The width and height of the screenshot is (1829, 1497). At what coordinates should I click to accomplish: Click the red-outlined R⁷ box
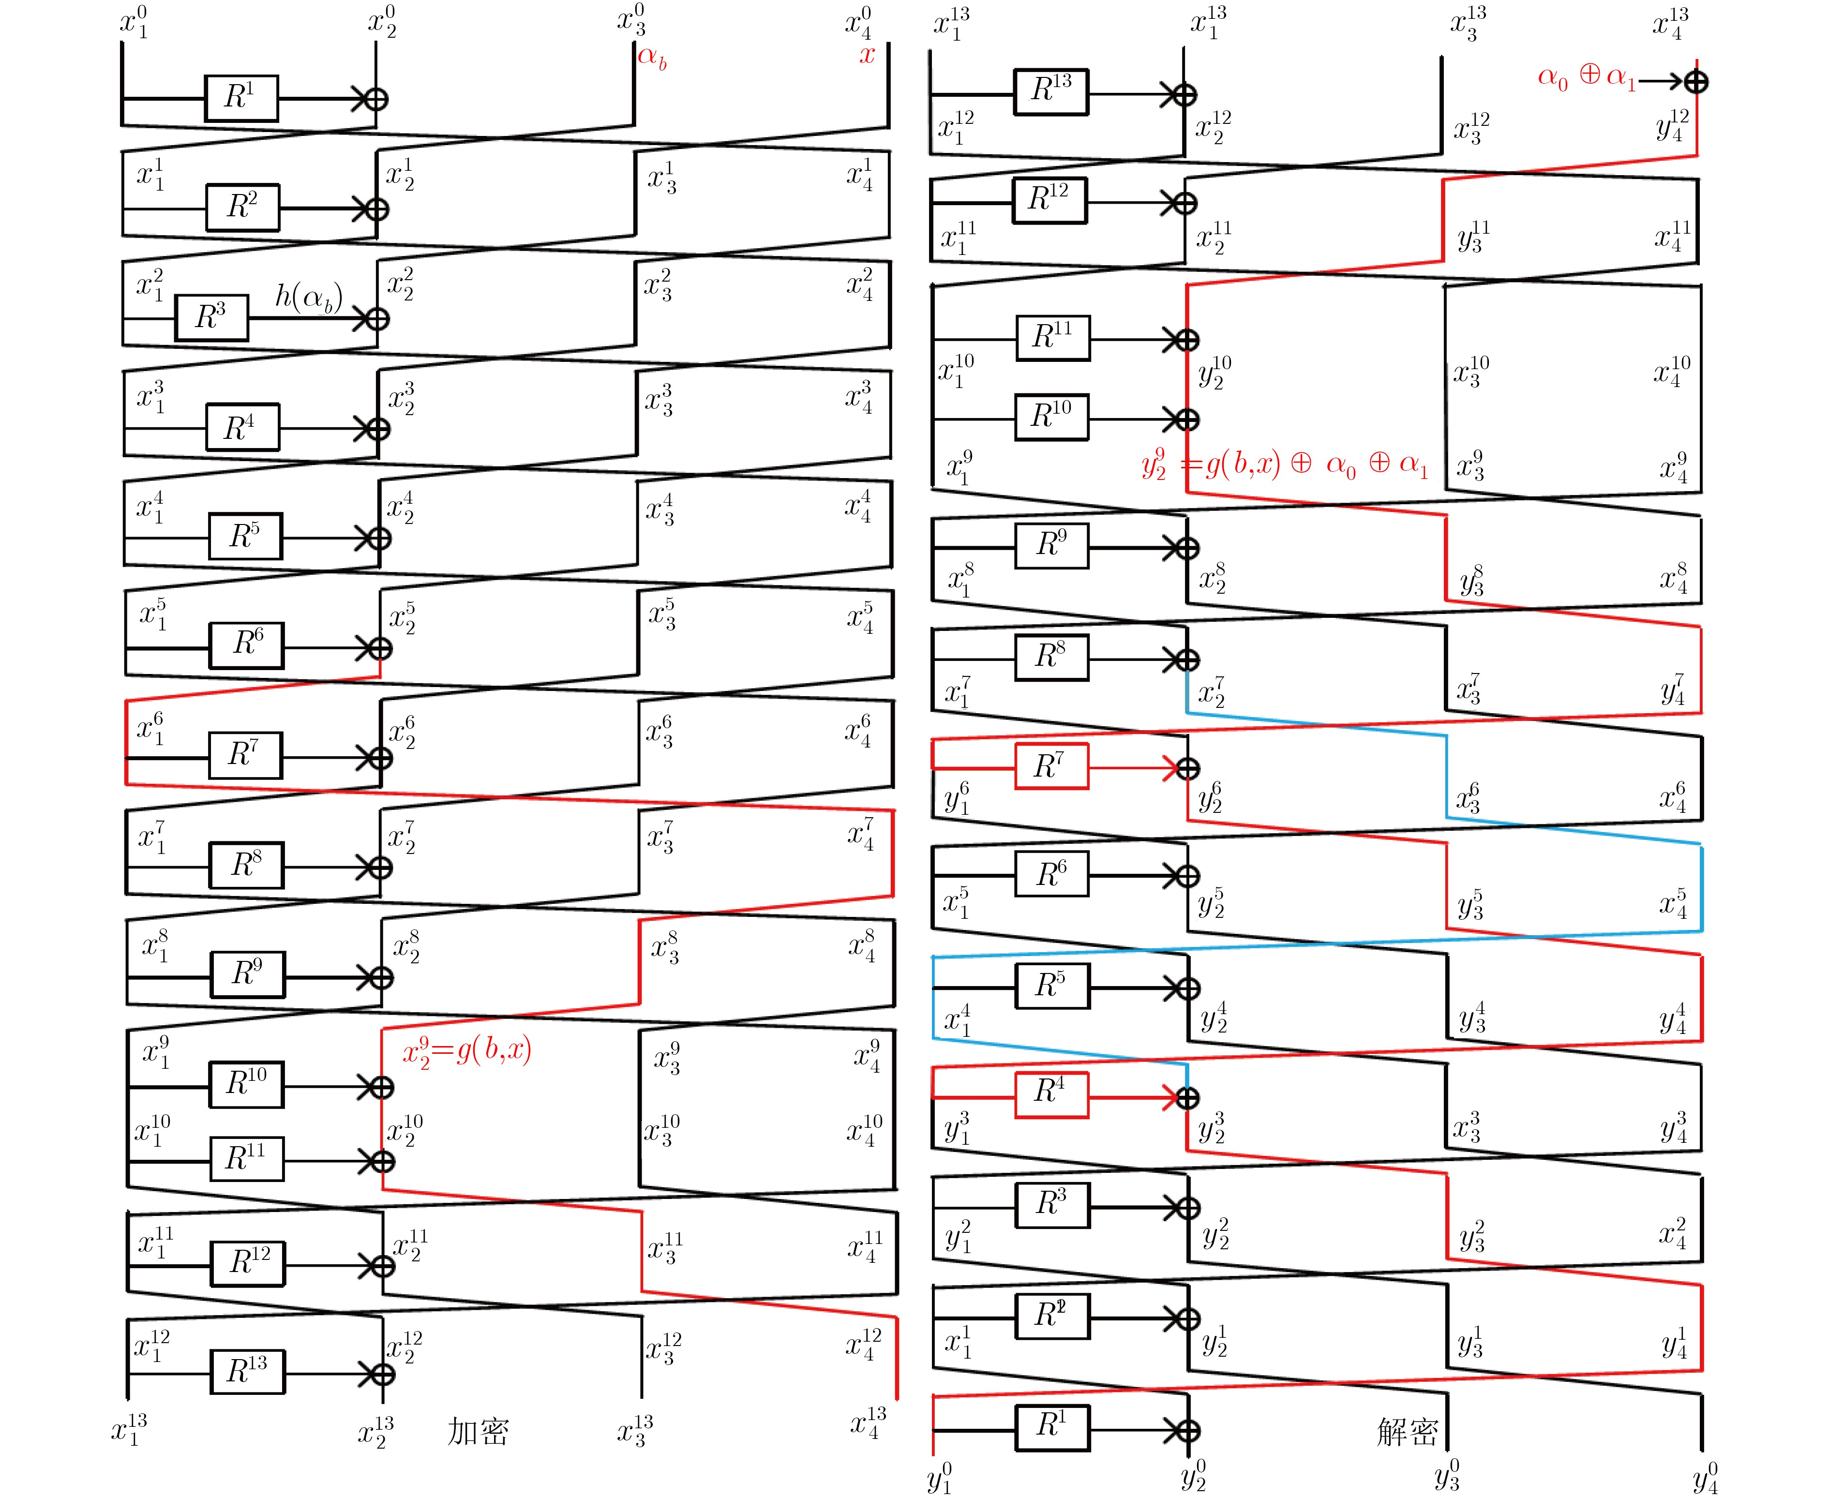click(x=1051, y=766)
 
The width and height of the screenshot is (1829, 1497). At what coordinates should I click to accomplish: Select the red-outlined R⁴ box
click(x=1051, y=1095)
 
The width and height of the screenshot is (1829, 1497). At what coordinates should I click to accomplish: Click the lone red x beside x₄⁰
click(x=867, y=56)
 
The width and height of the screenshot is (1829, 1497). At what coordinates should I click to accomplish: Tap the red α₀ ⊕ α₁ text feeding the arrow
click(x=1587, y=77)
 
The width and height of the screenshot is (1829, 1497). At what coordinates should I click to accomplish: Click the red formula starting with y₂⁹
click(x=1285, y=465)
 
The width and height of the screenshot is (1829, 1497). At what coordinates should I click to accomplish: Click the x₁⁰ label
click(x=134, y=22)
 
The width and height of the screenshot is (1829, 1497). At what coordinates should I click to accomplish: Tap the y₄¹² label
click(x=1673, y=125)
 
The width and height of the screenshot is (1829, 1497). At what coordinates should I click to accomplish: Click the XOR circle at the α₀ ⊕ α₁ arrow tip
click(x=1696, y=82)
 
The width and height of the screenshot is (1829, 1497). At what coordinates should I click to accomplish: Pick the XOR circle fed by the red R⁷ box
click(x=1187, y=767)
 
